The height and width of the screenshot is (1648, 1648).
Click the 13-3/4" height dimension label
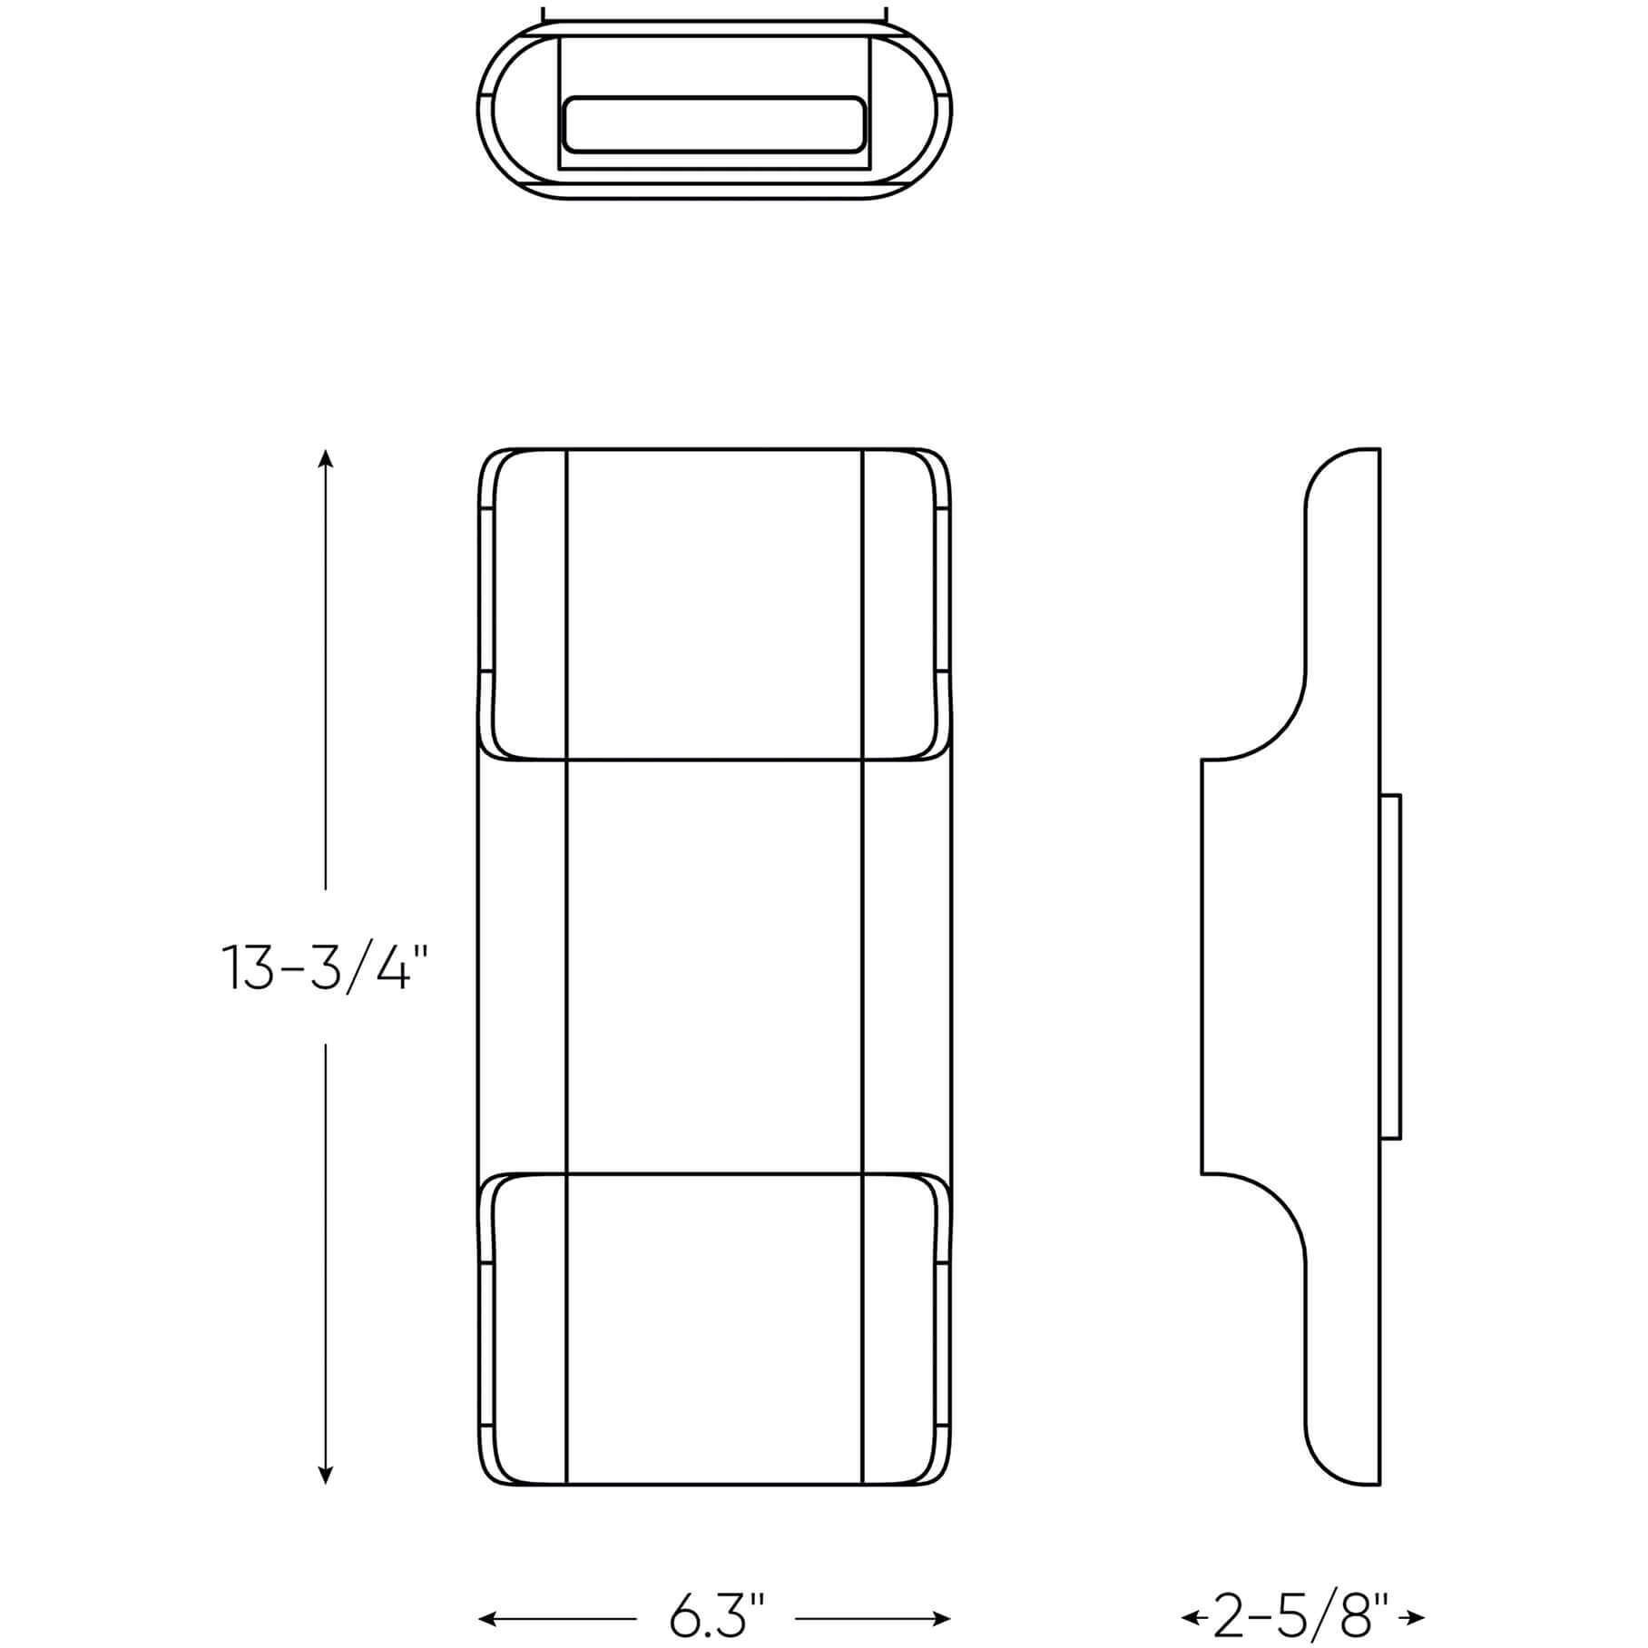point(324,967)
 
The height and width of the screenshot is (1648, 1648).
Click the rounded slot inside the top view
point(714,124)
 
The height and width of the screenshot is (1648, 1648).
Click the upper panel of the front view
point(714,603)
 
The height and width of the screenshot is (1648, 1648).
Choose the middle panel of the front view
point(714,966)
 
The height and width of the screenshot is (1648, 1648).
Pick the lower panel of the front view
point(714,1329)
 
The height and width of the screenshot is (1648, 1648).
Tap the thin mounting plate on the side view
point(1391,966)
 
